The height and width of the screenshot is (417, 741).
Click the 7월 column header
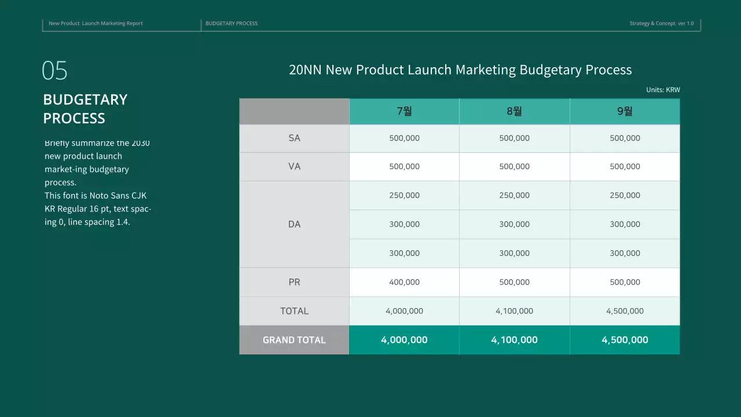404,111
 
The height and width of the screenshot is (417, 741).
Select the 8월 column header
514,111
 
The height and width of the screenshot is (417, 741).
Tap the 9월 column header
625,111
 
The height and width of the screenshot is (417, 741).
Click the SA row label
294,138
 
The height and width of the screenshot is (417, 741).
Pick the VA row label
294,167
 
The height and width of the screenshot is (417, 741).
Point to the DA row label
294,224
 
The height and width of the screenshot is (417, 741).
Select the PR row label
294,282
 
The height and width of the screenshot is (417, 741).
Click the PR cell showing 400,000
404,282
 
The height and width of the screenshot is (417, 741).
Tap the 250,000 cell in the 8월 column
514,195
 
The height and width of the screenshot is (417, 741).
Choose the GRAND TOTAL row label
294,340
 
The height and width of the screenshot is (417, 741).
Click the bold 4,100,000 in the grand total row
514,340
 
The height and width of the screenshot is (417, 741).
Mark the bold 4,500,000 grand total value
625,340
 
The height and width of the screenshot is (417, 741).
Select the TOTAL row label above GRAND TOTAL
294,311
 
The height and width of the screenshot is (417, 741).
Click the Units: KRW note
663,90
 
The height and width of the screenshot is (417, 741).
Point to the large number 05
54,71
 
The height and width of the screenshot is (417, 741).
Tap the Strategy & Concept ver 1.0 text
661,23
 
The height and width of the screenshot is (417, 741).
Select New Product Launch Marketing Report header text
96,23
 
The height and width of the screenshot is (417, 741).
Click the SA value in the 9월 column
625,138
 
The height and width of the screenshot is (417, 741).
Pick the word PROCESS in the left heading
74,118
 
